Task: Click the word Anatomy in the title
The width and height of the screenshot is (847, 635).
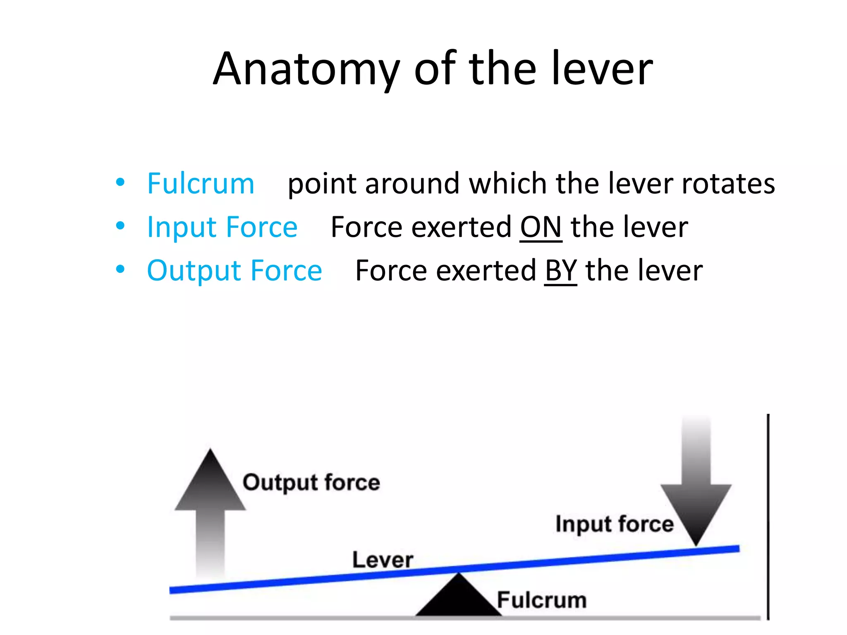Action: click(x=306, y=69)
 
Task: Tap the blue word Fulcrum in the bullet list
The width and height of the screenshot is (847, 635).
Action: click(x=201, y=184)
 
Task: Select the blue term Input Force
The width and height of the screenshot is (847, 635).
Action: click(x=222, y=227)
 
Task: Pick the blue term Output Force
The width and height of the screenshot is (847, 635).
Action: click(x=234, y=271)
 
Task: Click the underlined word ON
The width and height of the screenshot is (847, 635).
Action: click(x=541, y=227)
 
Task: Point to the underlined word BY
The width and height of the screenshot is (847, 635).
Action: click(x=560, y=271)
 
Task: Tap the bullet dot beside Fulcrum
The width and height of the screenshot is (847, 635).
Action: click(x=120, y=182)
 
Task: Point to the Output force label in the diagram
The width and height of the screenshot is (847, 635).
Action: click(x=311, y=482)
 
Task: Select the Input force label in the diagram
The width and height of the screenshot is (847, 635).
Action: click(x=614, y=524)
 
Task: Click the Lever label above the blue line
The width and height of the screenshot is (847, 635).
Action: click(x=383, y=560)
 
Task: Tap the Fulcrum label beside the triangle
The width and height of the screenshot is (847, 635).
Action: click(x=542, y=600)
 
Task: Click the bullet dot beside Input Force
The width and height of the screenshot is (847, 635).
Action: click(x=120, y=226)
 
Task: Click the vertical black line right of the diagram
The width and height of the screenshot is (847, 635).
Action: click(x=768, y=517)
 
